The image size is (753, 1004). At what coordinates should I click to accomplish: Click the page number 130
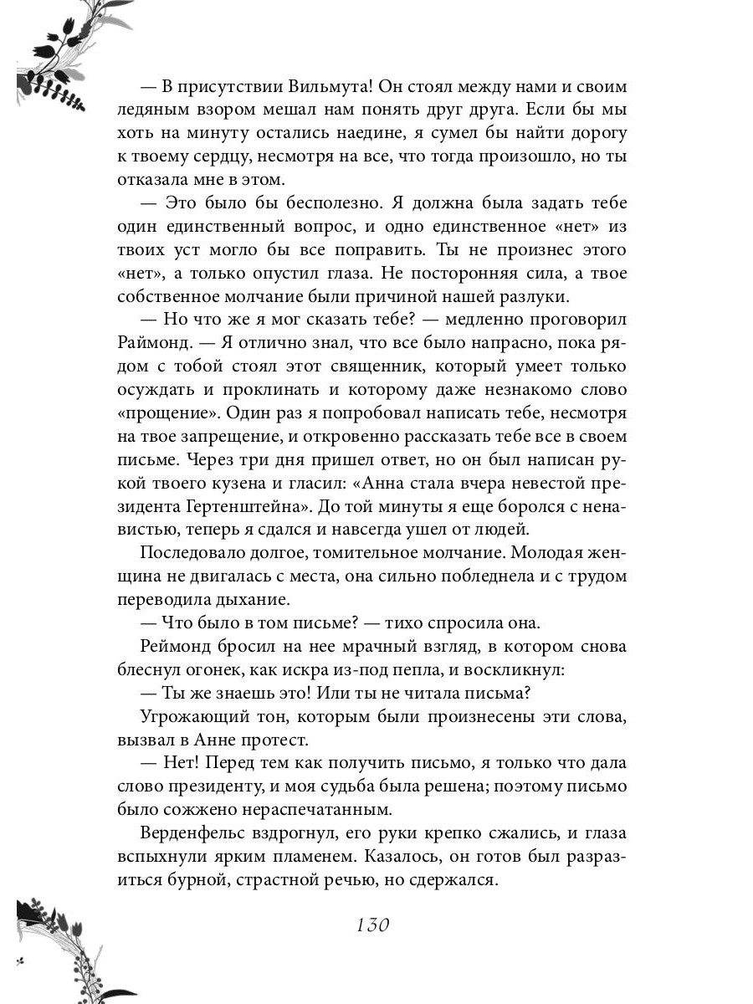point(373,925)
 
